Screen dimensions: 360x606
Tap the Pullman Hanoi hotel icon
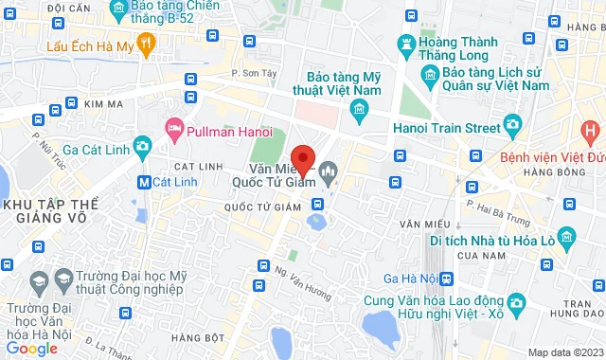click(x=174, y=127)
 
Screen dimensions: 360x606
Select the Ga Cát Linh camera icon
click(x=142, y=146)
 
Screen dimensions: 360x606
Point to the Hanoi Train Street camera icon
click(x=512, y=124)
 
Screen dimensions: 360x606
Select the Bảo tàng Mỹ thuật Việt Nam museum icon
click(x=359, y=112)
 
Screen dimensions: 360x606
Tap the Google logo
click(x=31, y=349)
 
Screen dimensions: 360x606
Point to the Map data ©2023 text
click(x=564, y=352)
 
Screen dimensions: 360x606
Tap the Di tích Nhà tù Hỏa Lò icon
click(x=566, y=235)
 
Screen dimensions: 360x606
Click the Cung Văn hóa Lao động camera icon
click(x=516, y=302)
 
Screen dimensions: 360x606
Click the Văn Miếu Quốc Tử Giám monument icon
click(x=329, y=171)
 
